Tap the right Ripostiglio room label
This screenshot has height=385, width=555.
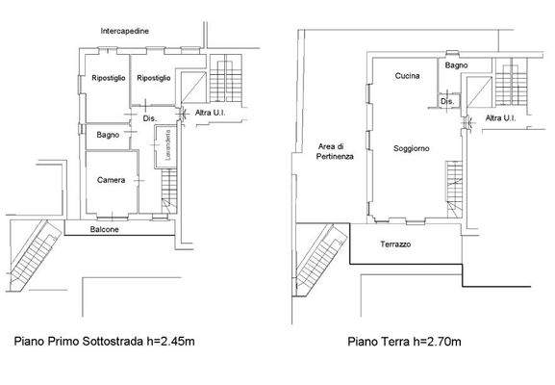(153, 77)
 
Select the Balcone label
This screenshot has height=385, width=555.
(105, 230)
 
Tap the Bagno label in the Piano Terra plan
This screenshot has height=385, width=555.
(457, 64)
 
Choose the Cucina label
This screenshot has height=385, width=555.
(408, 76)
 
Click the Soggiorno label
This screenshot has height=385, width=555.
(411, 148)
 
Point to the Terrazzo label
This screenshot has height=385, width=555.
(395, 244)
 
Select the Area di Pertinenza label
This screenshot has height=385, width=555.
(330, 151)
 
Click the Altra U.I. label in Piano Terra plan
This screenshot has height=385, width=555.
(501, 118)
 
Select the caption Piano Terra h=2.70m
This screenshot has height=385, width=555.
(405, 341)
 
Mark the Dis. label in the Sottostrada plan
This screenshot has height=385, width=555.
(149, 118)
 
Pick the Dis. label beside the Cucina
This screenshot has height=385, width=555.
(446, 100)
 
